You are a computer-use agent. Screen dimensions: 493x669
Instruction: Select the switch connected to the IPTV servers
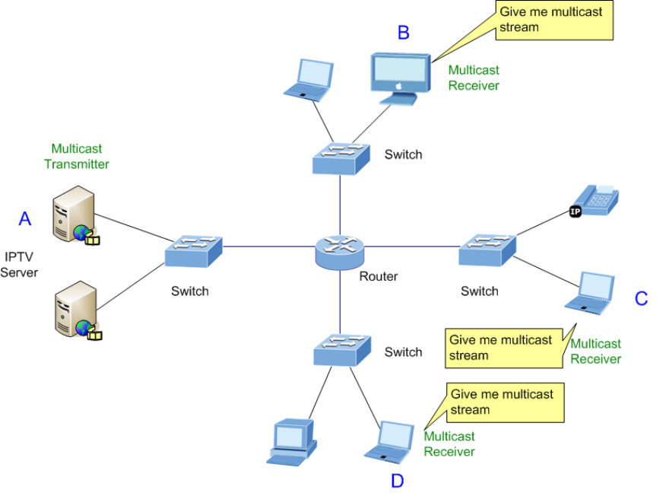pyautogui.click(x=193, y=251)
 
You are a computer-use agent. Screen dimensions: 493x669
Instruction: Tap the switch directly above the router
pyautogui.click(x=340, y=157)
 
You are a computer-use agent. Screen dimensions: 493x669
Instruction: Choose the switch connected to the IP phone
pyautogui.click(x=487, y=250)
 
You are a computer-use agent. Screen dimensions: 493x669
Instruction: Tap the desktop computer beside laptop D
pyautogui.click(x=291, y=441)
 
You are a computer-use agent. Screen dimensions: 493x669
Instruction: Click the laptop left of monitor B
pyautogui.click(x=309, y=79)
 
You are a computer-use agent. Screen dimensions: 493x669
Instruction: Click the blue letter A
pyautogui.click(x=25, y=219)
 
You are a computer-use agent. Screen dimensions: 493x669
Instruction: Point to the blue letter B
pyautogui.click(x=404, y=32)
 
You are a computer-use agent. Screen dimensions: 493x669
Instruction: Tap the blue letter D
pyautogui.click(x=397, y=480)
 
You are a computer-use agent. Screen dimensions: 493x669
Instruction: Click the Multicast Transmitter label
pyautogui.click(x=76, y=157)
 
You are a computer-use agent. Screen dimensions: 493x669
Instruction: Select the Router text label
pyautogui.click(x=378, y=276)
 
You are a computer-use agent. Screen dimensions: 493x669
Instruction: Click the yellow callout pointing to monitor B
pyautogui.click(x=554, y=21)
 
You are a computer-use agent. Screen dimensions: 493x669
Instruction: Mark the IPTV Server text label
pyautogui.click(x=19, y=265)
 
